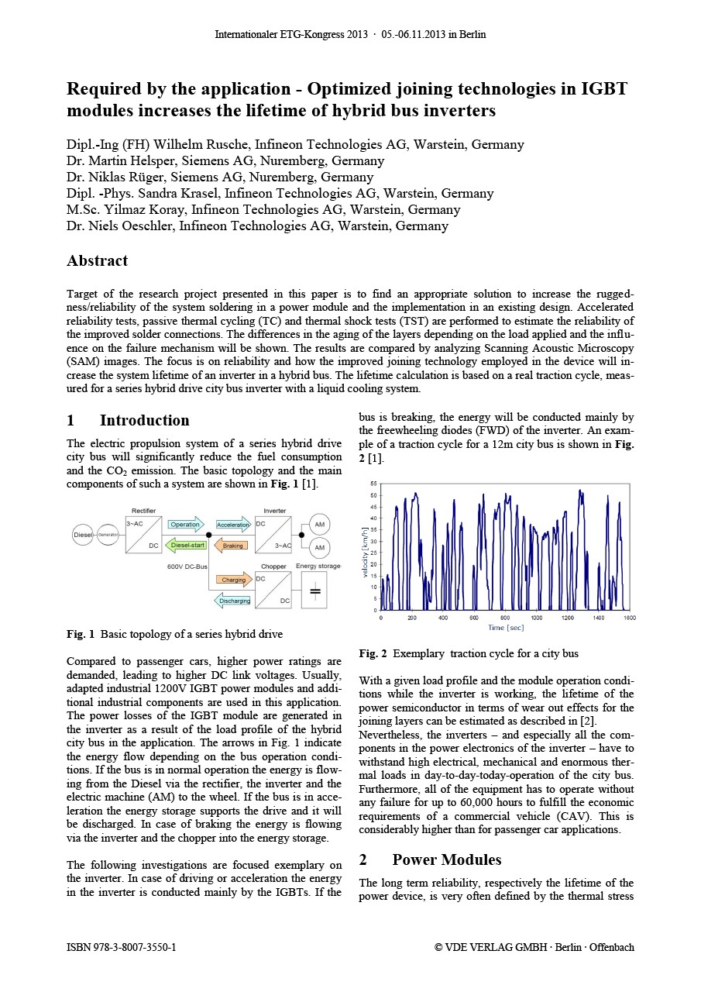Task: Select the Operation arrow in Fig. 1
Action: (185, 525)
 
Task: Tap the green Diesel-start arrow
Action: (185, 546)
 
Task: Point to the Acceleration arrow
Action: (233, 525)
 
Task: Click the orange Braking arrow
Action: (232, 546)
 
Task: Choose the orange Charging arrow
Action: (234, 580)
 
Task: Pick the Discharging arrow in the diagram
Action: (233, 601)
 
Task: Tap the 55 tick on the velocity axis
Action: (373, 484)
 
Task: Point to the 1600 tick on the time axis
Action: (630, 618)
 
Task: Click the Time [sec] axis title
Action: (505, 628)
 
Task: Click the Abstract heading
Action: (97, 261)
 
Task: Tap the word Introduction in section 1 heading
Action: (144, 421)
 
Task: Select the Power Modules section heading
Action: (446, 859)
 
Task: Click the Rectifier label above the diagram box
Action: (143, 511)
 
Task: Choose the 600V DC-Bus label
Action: (187, 567)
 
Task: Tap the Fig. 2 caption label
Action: (370, 654)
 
